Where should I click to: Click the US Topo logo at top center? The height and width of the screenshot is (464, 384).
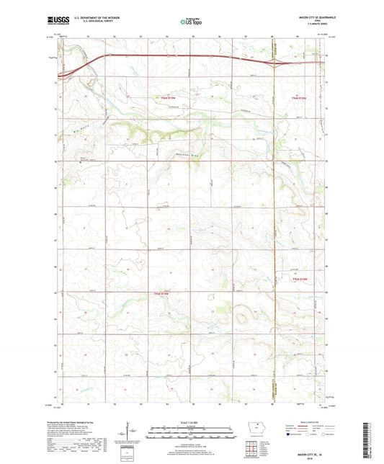(191, 22)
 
